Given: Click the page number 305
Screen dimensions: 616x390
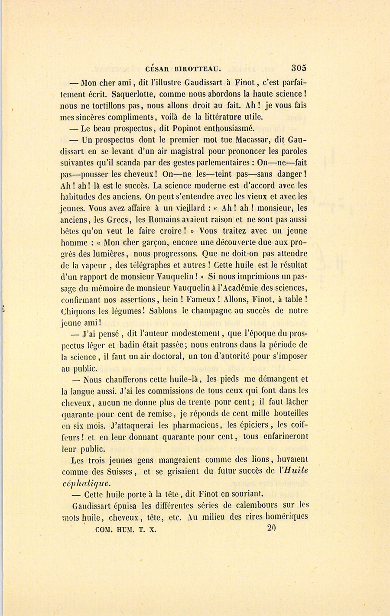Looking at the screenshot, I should pos(299,68).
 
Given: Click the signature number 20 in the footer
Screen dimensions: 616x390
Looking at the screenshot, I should pos(272,528).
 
